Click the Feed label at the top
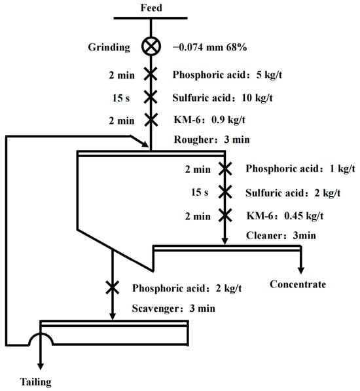[x=151, y=7]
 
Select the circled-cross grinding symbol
[x=151, y=47]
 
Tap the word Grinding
[x=109, y=47]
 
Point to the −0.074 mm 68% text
[x=209, y=47]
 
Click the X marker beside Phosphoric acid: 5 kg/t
[x=151, y=74]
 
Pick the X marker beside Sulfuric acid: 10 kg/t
[x=151, y=97]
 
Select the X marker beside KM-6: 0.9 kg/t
[x=151, y=120]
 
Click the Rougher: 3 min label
[x=211, y=140]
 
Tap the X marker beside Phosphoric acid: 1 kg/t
[x=225, y=168]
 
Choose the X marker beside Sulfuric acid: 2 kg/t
[x=225, y=192]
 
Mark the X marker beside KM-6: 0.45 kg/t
[x=225, y=215]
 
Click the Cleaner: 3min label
[x=281, y=235]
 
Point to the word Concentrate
[x=298, y=284]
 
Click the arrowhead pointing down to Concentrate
[x=301, y=270]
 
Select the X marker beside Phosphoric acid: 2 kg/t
[x=113, y=288]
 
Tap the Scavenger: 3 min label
[x=173, y=308]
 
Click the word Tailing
[x=35, y=382]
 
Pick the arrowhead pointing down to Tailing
[x=41, y=366]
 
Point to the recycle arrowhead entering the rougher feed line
[x=145, y=144]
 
